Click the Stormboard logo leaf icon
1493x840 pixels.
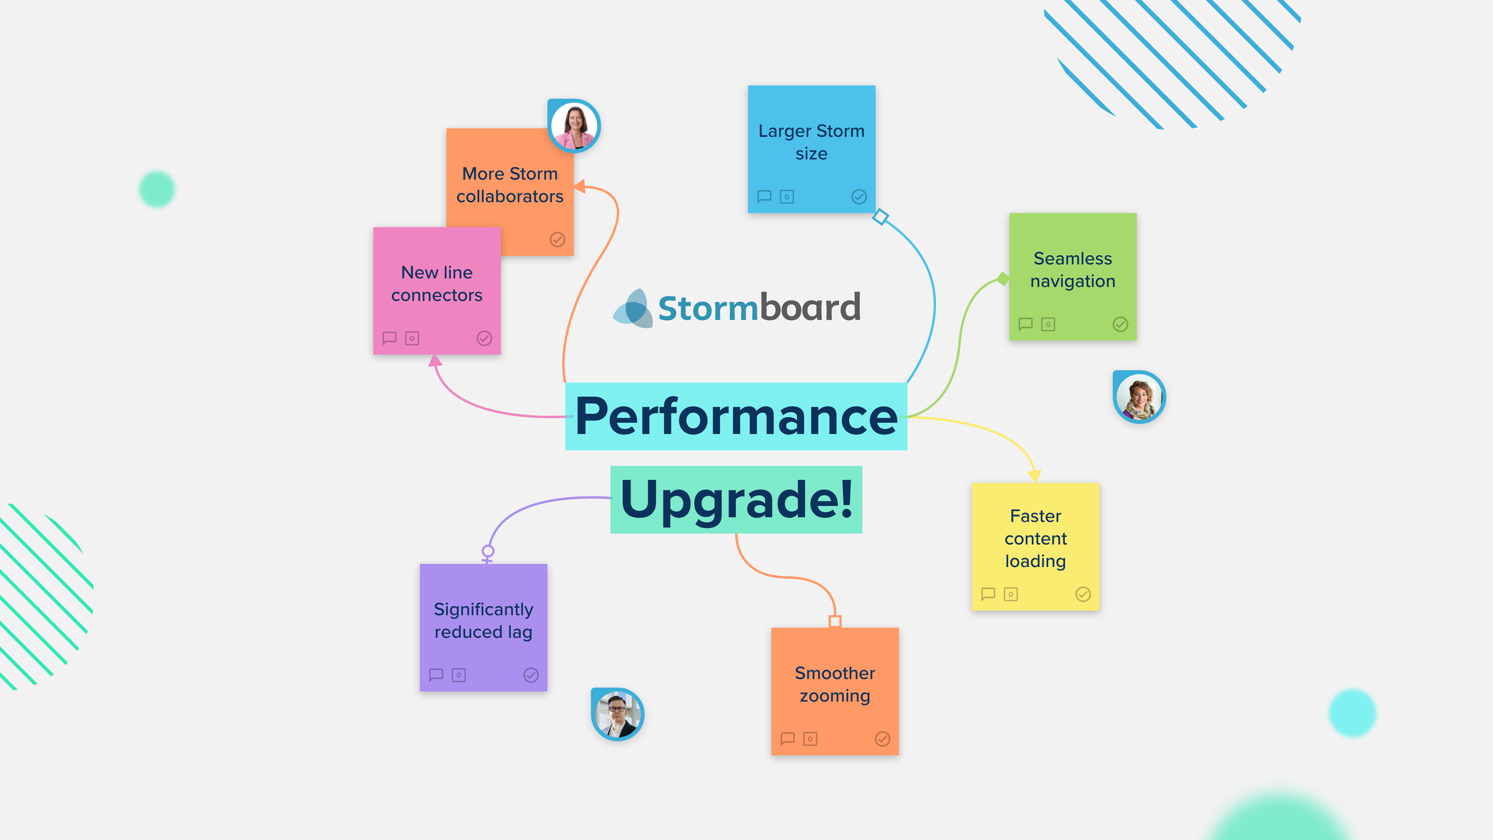(x=633, y=308)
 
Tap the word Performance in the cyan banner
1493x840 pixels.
(x=736, y=416)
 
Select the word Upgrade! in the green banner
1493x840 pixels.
(x=736, y=501)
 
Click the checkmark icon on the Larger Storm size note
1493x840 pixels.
(x=859, y=197)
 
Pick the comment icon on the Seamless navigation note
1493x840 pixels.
(x=1025, y=324)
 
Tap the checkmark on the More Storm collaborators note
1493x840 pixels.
(x=557, y=240)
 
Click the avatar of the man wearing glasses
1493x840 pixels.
(x=618, y=714)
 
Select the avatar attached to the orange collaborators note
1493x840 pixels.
(x=574, y=125)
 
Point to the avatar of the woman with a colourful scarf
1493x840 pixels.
(x=1139, y=397)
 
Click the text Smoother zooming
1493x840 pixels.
(x=835, y=684)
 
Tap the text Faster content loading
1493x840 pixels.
(x=1036, y=538)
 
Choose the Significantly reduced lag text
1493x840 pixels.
(x=483, y=620)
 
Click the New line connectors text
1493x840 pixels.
(x=437, y=283)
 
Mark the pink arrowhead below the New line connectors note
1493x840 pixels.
(x=435, y=360)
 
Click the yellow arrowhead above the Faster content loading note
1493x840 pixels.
(x=1034, y=476)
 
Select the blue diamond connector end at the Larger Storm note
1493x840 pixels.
(x=880, y=216)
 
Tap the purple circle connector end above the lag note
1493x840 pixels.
(x=488, y=551)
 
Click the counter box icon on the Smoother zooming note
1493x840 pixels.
(x=810, y=739)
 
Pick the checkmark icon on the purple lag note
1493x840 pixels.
(x=531, y=675)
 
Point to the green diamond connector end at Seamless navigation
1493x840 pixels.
(x=1003, y=278)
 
